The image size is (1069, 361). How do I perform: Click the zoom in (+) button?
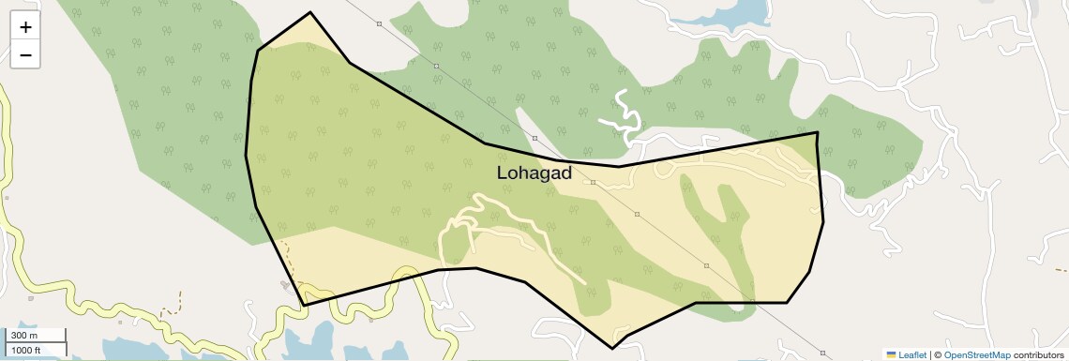coord(25,27)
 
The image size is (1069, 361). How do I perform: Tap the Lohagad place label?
coord(534,173)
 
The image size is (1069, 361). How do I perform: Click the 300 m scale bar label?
coord(24,336)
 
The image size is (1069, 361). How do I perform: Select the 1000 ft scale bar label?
coord(26,350)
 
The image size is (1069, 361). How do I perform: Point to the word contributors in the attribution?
coord(1039,354)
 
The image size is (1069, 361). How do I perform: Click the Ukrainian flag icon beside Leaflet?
coord(892,354)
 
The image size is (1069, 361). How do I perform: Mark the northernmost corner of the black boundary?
coord(309,13)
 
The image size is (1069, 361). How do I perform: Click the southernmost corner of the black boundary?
coord(612,348)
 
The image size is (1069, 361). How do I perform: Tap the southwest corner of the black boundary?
coord(304,305)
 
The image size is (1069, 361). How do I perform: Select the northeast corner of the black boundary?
coord(818,132)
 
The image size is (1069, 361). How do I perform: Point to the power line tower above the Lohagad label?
coord(534,139)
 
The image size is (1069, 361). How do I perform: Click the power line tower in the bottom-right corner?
coord(821,353)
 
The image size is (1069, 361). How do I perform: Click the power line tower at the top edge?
coord(379,23)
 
